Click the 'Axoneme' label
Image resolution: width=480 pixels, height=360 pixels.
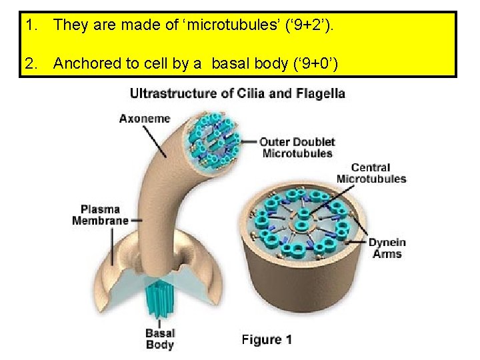[x=144, y=119]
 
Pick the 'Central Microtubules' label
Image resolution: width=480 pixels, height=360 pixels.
[x=371, y=173]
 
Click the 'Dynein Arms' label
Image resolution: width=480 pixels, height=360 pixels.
[x=387, y=248]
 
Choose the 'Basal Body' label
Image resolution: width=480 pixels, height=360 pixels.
[x=159, y=339]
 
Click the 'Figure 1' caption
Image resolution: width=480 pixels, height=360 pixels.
[x=267, y=340]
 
